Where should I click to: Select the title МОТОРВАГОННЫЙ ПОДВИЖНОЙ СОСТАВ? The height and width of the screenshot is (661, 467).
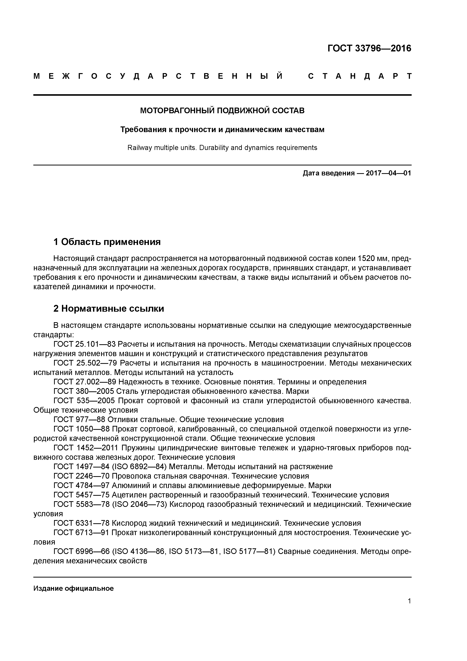[x=222, y=111]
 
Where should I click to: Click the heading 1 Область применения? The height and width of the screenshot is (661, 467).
[x=107, y=242]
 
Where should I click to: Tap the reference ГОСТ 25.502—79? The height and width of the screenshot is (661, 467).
[x=85, y=363]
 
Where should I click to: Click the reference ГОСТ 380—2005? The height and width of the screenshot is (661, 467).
[x=84, y=391]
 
